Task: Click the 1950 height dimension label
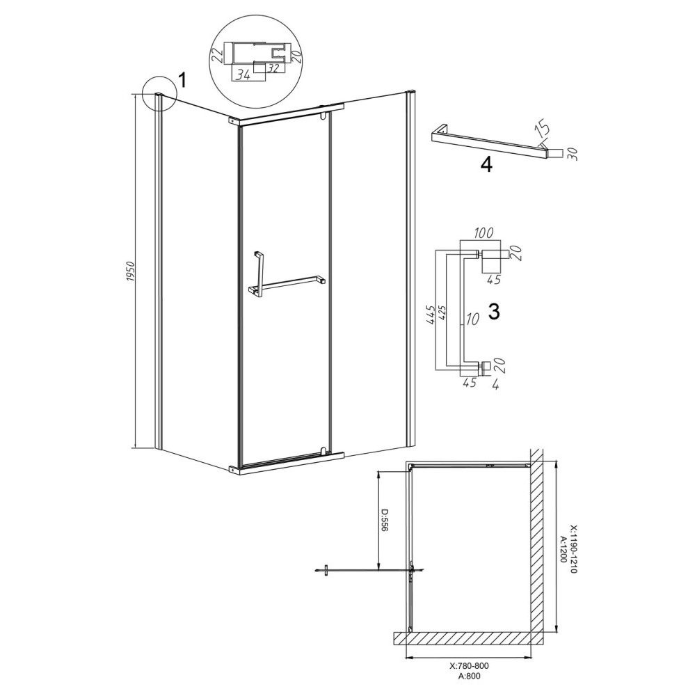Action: pyautogui.click(x=130, y=274)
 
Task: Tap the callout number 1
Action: pyautogui.click(x=183, y=81)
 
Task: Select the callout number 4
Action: pyautogui.click(x=486, y=165)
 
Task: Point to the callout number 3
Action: pyautogui.click(x=493, y=312)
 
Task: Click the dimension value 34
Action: pyautogui.click(x=242, y=75)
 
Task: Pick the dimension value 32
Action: pyautogui.click(x=274, y=69)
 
